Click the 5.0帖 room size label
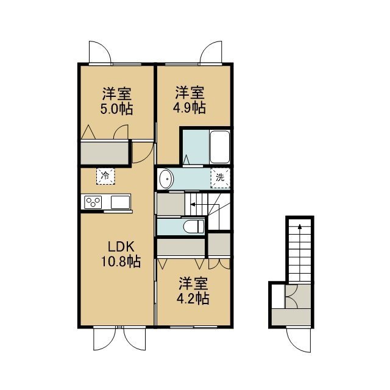click(x=116, y=108)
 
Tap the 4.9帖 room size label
click(x=190, y=108)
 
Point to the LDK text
click(x=121, y=247)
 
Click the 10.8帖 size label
click(x=121, y=261)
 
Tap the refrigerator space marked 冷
click(x=105, y=176)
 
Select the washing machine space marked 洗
click(x=220, y=178)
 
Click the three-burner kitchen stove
click(x=93, y=202)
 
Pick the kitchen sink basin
click(x=121, y=202)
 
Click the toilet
click(x=194, y=227)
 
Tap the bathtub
click(x=219, y=147)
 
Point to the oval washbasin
click(x=166, y=179)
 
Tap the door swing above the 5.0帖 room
click(x=100, y=52)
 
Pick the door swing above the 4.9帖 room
click(x=211, y=52)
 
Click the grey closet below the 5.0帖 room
click(x=104, y=153)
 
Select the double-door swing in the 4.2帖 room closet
click(x=219, y=264)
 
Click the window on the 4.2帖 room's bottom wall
click(x=194, y=327)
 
